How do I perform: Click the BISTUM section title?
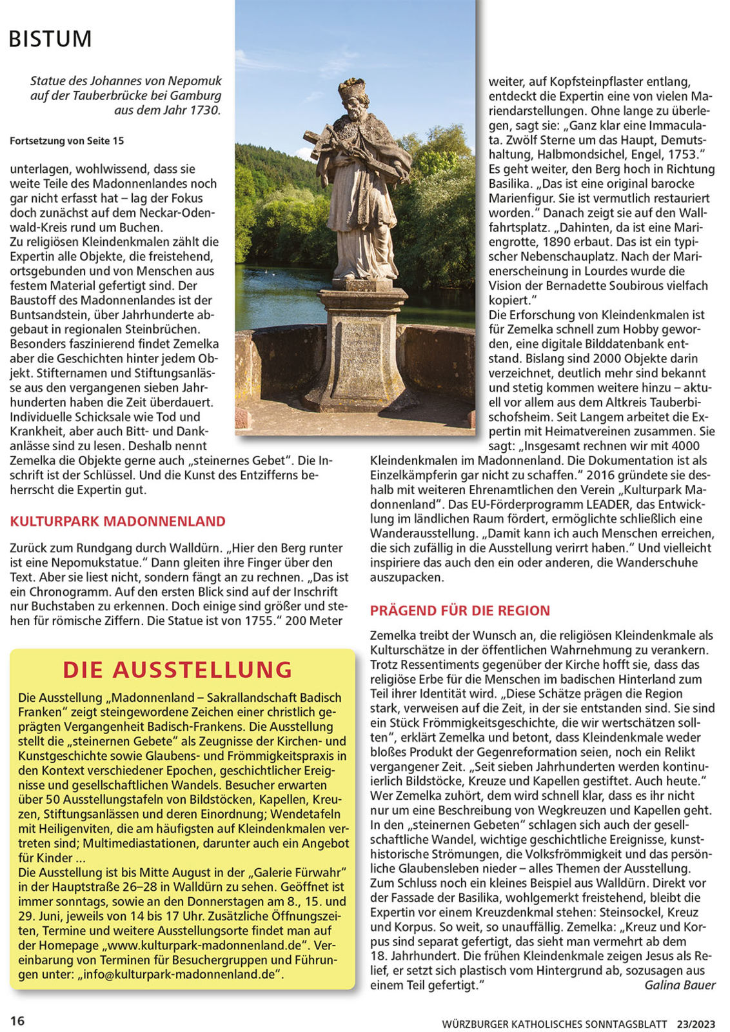[50, 39]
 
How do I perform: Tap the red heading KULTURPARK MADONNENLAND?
[117, 521]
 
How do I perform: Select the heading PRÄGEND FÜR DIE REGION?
[460, 610]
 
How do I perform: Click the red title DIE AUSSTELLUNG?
[177, 670]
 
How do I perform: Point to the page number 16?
[17, 1020]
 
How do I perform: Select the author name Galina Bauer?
[680, 985]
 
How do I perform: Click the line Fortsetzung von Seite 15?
[67, 141]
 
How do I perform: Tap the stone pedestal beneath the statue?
[361, 348]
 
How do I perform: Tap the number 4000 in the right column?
[685, 446]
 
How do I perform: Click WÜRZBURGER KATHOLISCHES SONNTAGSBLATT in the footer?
[555, 1024]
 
